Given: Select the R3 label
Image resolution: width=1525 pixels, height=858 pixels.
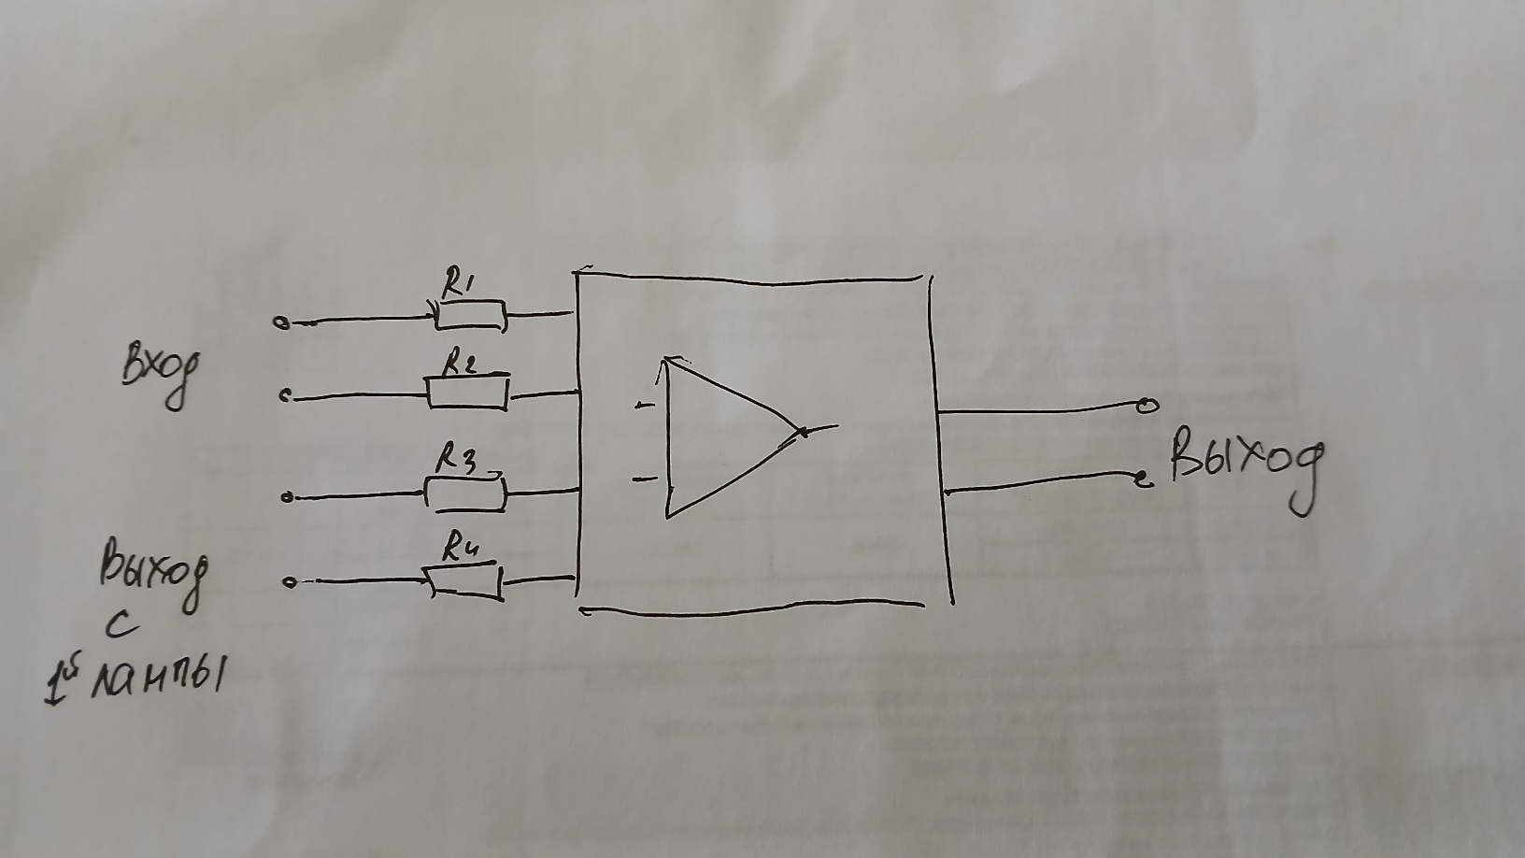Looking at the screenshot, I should [x=458, y=460].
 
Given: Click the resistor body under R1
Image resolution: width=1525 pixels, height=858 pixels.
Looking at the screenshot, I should [x=470, y=316].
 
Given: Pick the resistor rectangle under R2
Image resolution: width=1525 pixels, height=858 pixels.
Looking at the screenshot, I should [x=468, y=393].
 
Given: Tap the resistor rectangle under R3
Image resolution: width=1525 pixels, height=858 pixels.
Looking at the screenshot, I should [x=465, y=493].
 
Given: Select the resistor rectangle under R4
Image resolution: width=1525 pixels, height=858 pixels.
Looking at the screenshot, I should [x=464, y=582].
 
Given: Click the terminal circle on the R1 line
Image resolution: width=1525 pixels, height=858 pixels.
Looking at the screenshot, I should [x=279, y=323].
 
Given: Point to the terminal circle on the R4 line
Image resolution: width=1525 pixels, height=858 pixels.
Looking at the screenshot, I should [x=290, y=583].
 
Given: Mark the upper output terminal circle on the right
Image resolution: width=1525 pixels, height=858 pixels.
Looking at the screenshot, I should [x=1147, y=406].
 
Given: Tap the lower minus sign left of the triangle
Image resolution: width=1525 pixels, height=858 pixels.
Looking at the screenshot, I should [x=644, y=479].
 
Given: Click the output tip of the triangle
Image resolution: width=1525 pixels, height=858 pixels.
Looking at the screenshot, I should [x=801, y=432].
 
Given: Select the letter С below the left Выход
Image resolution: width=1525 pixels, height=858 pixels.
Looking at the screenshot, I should [x=122, y=627].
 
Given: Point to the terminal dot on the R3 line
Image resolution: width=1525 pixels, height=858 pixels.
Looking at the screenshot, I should [x=287, y=498].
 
